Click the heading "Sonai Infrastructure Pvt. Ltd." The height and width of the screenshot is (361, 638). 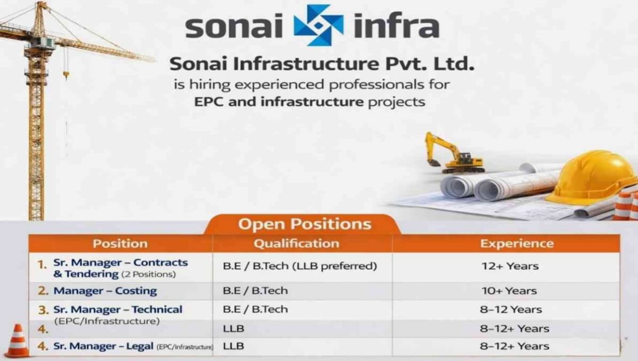click(321, 65)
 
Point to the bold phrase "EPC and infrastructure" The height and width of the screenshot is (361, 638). click(276, 101)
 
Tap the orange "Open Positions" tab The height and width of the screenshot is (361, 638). click(304, 224)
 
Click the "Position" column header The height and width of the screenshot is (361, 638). click(120, 244)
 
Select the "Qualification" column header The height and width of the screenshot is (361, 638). click(296, 244)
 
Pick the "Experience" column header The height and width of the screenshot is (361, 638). click(517, 244)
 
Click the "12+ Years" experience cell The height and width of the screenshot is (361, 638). click(509, 266)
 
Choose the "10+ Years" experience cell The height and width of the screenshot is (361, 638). click(509, 290)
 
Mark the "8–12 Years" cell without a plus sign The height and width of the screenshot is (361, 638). click(510, 309)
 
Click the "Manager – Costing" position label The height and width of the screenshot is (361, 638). click(105, 290)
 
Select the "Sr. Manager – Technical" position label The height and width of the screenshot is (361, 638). click(117, 309)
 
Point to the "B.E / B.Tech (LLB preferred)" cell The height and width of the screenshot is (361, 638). click(300, 266)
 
